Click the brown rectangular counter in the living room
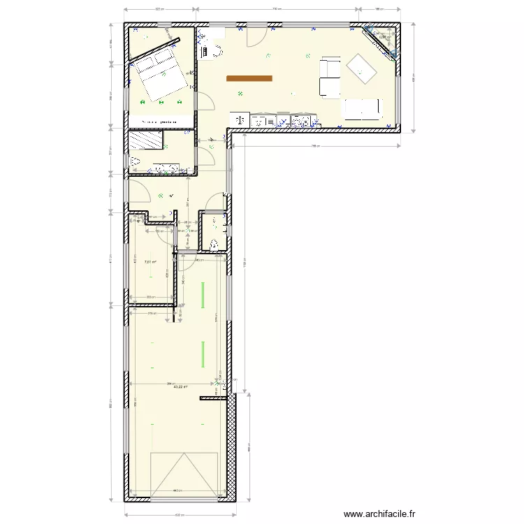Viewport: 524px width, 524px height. (249, 78)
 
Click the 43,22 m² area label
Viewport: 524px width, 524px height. (179, 386)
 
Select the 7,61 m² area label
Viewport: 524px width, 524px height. (150, 263)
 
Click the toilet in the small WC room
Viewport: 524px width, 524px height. (214, 243)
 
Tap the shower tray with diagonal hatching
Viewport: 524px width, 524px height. (146, 140)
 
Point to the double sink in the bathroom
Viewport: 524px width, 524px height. (166, 168)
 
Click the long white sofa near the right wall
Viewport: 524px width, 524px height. (361, 108)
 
